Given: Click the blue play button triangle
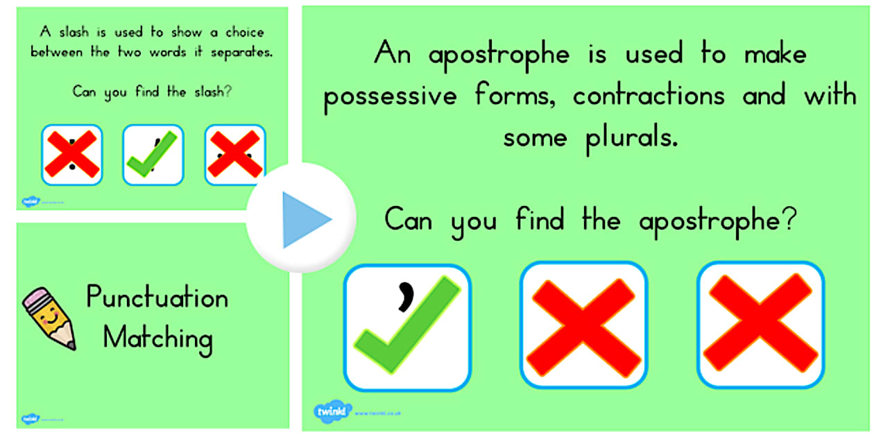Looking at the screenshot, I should pyautogui.click(x=306, y=219).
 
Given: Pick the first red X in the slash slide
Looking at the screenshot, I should pyautogui.click(x=71, y=155).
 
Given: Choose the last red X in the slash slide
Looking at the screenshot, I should pyautogui.click(x=234, y=155).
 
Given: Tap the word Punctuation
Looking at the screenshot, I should pyautogui.click(x=157, y=299).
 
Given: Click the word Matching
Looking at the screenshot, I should pyautogui.click(x=157, y=339).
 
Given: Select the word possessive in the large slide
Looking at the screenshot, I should pyautogui.click(x=391, y=96).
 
